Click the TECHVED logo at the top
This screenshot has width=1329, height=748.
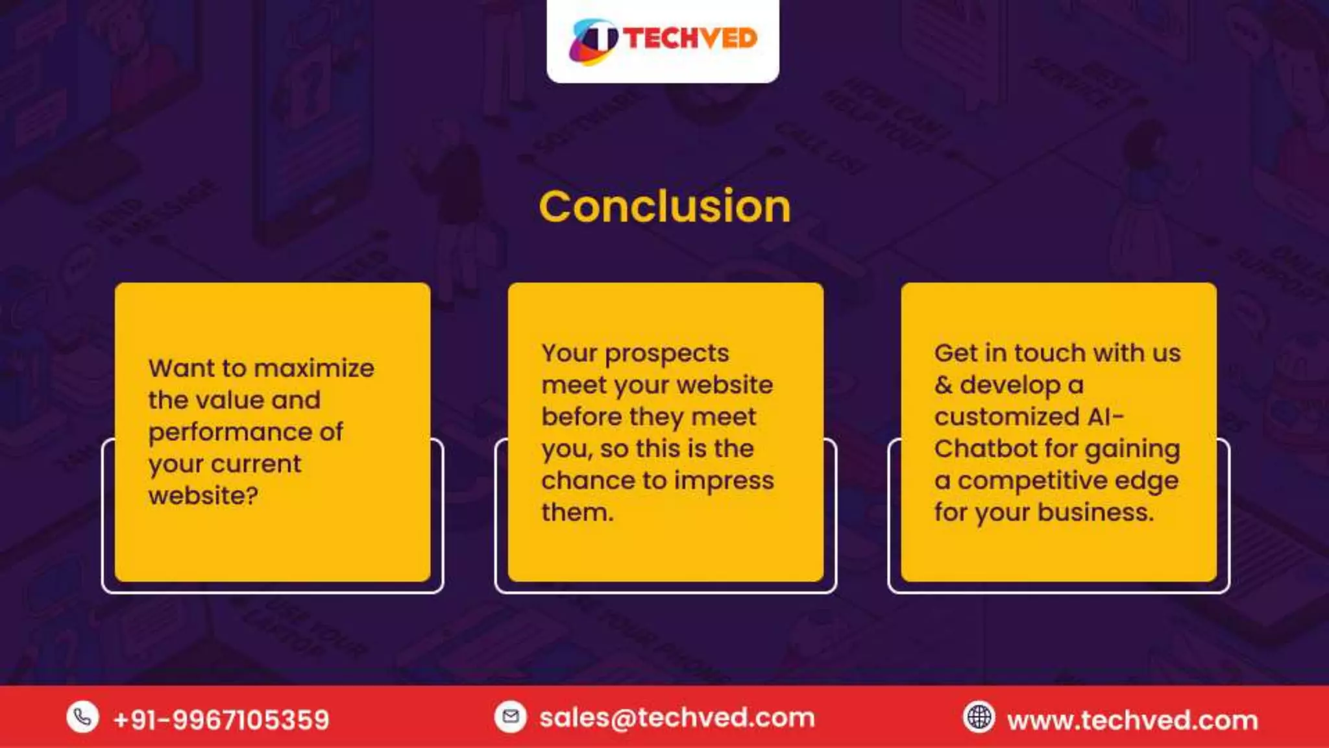(x=663, y=39)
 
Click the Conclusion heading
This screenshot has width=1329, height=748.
(x=664, y=206)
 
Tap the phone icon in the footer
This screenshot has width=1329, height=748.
(x=82, y=717)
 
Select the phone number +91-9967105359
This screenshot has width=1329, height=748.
(x=221, y=719)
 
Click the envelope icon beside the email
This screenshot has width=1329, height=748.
(x=511, y=717)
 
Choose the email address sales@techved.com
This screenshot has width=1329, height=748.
(x=677, y=717)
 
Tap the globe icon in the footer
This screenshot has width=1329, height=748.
(x=979, y=717)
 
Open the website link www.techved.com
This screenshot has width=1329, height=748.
(x=1132, y=720)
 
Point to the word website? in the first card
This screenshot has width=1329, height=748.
(x=203, y=496)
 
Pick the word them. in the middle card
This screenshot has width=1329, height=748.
(x=577, y=512)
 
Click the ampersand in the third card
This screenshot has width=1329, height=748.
(x=943, y=385)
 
